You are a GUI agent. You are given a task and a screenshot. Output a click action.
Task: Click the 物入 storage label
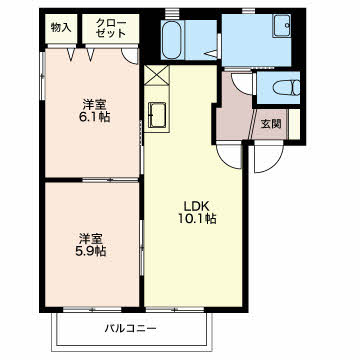click(60, 28)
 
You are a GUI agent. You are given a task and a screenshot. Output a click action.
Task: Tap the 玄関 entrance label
click(270, 124)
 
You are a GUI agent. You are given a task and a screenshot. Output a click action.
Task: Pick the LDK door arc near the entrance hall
click(233, 153)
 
